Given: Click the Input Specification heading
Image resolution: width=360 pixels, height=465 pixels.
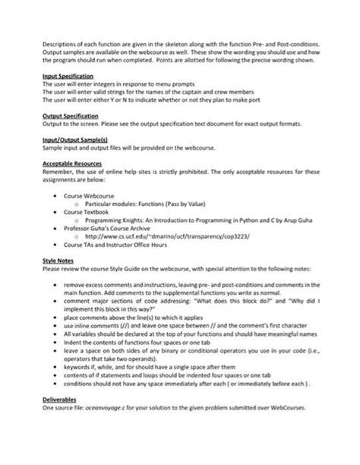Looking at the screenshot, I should [x=68, y=77].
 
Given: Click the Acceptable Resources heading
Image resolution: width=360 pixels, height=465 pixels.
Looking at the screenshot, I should [x=71, y=166].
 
